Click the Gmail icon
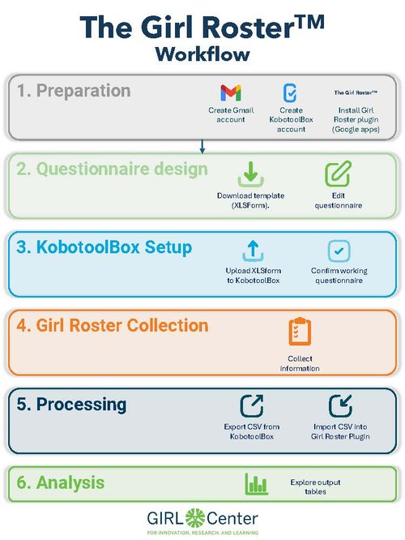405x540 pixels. (231, 92)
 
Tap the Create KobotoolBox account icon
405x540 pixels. (289, 92)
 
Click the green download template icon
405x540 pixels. (249, 174)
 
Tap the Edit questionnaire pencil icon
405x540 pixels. (337, 174)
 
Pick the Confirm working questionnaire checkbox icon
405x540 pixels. (339, 250)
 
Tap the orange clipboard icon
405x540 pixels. (300, 332)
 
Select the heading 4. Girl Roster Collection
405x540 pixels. (113, 326)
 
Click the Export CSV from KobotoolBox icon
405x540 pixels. (250, 405)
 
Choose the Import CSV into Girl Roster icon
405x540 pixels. (339, 405)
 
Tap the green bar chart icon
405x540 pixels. (256, 484)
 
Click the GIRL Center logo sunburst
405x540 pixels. (197, 517)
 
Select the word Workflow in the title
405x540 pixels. (202, 54)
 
